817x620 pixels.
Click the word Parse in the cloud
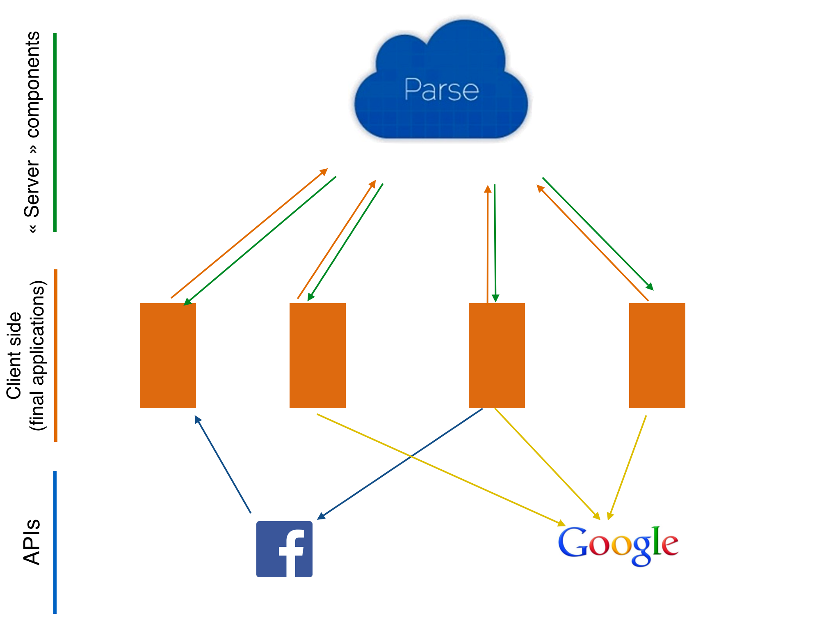tap(441, 90)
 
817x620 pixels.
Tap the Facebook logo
tap(284, 549)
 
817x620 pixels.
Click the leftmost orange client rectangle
tap(168, 356)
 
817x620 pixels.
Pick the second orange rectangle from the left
tap(317, 356)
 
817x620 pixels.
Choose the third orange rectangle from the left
tap(497, 356)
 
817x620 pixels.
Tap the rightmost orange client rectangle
tap(657, 356)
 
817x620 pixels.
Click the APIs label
tap(32, 542)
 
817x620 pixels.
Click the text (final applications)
tap(38, 356)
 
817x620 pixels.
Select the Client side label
tap(14, 356)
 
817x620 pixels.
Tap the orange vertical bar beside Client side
tap(56, 356)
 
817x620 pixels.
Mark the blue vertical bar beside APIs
tap(55, 542)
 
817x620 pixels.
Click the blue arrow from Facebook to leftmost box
tap(223, 464)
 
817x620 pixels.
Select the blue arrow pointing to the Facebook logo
tap(400, 464)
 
